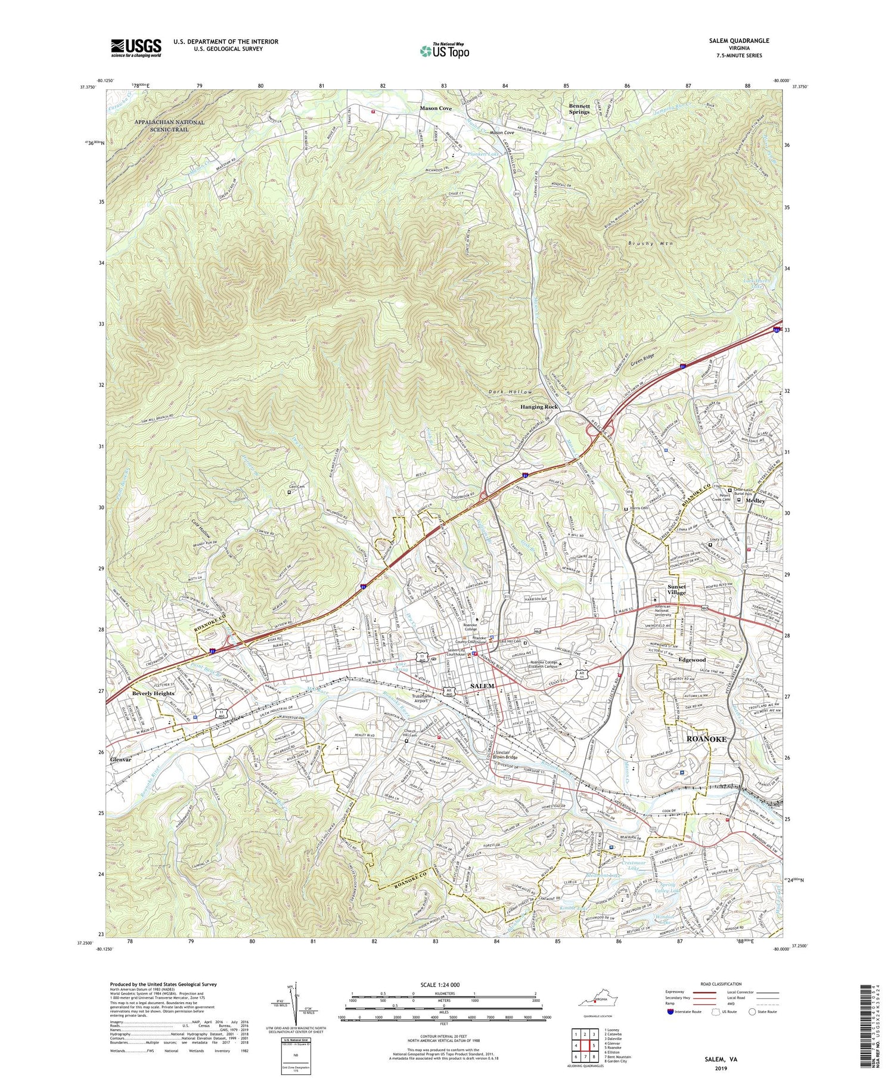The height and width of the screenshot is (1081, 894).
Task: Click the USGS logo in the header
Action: [136, 48]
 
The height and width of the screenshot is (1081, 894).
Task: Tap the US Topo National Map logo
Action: [444, 51]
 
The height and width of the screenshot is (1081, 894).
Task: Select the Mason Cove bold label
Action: [436, 109]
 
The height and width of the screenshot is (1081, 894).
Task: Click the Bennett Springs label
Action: [579, 109]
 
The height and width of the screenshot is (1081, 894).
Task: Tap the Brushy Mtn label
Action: [647, 244]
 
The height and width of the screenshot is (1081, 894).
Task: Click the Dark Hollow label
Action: [510, 392]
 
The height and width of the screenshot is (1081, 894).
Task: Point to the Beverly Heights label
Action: [153, 693]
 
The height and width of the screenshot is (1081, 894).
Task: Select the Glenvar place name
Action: [120, 760]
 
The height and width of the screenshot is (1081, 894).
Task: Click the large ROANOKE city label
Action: [706, 739]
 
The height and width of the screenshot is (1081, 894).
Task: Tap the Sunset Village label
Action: [676, 589]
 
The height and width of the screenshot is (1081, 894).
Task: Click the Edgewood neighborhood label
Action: [691, 660]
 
